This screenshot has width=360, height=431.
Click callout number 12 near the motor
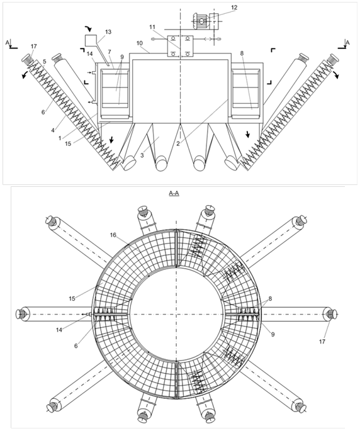click(x=233, y=8)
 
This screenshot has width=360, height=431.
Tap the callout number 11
click(x=152, y=27)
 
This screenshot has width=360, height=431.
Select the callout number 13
click(x=108, y=32)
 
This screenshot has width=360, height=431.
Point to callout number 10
click(x=140, y=43)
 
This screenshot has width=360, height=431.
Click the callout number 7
click(x=110, y=52)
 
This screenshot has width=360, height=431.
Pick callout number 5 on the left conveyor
click(x=45, y=62)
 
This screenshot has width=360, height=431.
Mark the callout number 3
click(x=142, y=155)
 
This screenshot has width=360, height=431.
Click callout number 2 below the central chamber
click(x=178, y=143)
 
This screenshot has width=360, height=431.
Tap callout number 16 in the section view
click(x=113, y=235)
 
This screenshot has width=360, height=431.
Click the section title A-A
click(x=174, y=194)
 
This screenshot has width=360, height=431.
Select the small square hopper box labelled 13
click(x=89, y=40)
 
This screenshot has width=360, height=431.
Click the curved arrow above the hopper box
click(x=89, y=28)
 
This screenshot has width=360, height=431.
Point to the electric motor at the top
click(x=206, y=20)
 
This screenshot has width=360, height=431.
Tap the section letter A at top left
click(x=7, y=42)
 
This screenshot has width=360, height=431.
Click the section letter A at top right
click(x=347, y=42)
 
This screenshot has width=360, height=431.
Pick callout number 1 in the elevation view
click(x=60, y=138)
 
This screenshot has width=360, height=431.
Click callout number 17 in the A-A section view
click(x=322, y=342)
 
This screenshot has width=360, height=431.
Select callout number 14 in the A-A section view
click(x=59, y=330)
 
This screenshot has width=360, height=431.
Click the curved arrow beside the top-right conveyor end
click(x=336, y=74)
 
